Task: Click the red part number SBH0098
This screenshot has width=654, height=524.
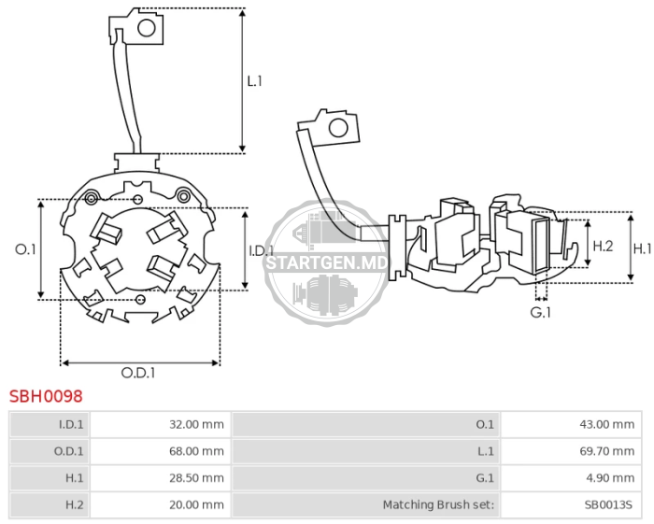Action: (46, 396)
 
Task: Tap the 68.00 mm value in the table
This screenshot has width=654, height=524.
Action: (196, 451)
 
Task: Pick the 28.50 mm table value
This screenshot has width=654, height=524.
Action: (196, 477)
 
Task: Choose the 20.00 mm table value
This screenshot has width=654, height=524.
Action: (196, 504)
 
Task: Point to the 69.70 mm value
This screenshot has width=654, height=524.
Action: (607, 451)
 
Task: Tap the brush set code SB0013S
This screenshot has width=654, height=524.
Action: (608, 504)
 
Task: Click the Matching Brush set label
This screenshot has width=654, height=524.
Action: (438, 504)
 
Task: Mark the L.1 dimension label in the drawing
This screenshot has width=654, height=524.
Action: (254, 81)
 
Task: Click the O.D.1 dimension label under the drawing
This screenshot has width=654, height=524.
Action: (138, 373)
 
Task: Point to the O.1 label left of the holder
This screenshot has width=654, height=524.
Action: (25, 249)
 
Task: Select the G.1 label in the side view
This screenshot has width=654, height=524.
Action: (541, 312)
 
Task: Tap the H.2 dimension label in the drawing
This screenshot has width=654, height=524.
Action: (604, 246)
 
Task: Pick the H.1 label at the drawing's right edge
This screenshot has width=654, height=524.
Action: (643, 248)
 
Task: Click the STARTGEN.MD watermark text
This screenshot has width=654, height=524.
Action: (327, 263)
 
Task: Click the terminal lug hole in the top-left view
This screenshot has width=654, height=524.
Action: (147, 28)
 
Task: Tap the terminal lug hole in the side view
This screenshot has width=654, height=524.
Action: (338, 128)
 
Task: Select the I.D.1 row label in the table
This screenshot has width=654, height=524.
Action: (71, 424)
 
